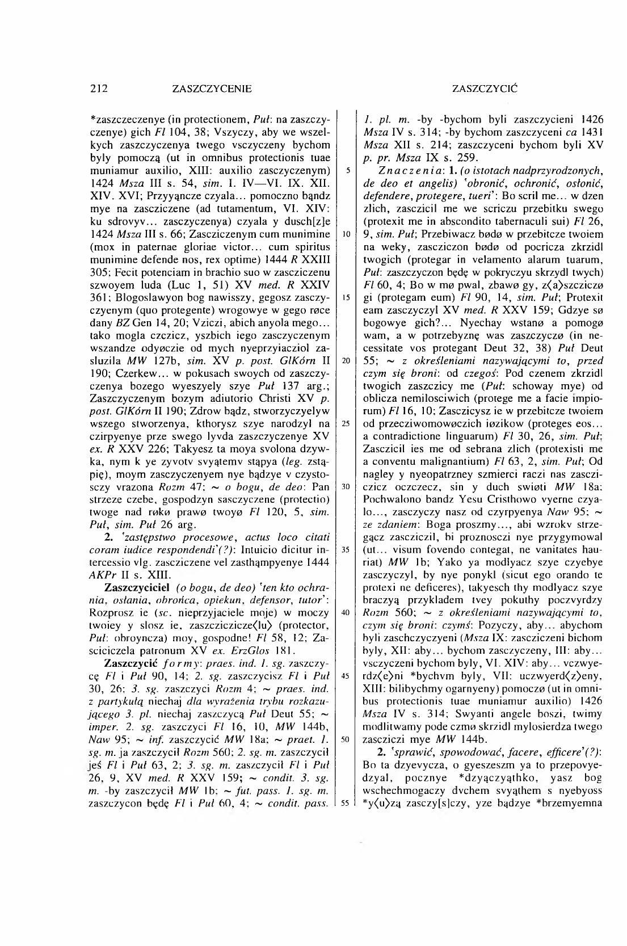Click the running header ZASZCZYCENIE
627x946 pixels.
212,89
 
